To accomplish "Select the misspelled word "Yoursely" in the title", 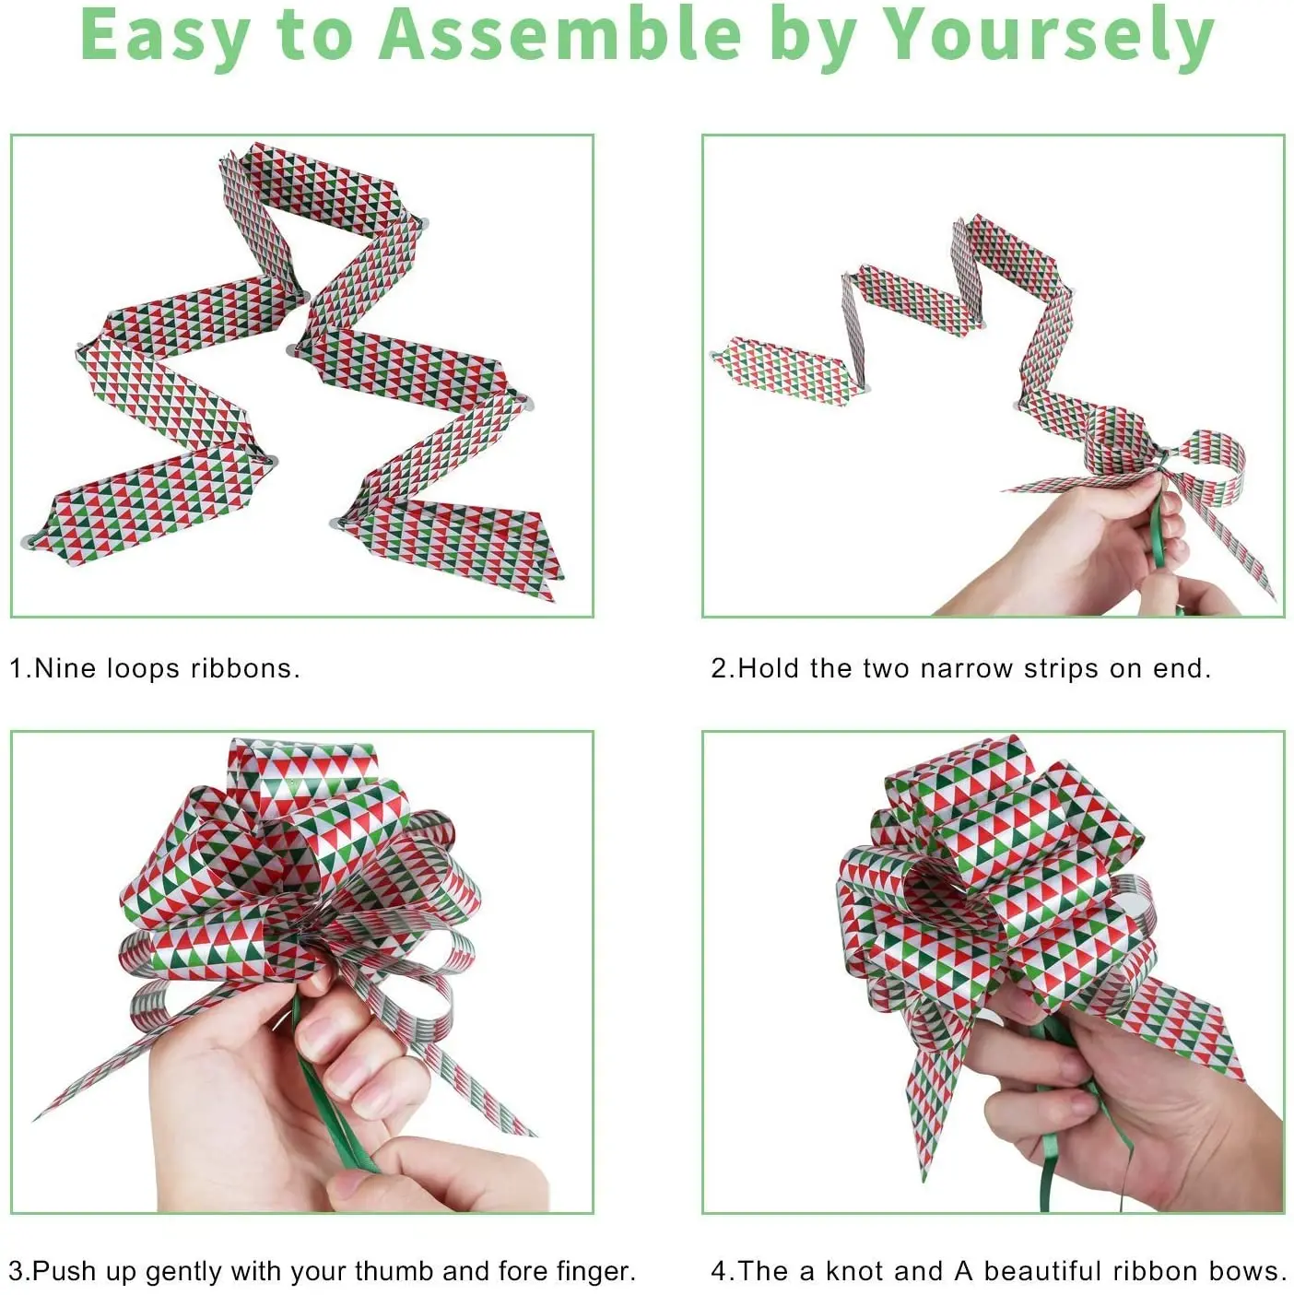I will (x=1048, y=35).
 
